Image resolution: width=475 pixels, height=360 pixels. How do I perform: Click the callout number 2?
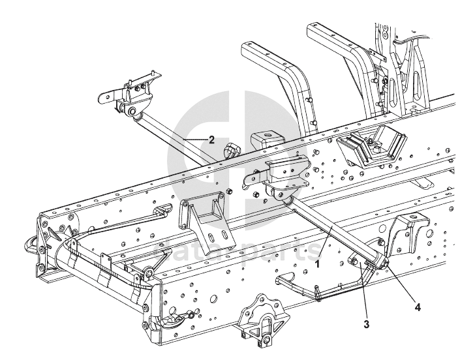(211, 139)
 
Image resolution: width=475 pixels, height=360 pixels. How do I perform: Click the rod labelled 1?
(333, 232)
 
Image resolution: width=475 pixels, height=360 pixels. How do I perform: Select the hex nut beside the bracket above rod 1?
(230, 191)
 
